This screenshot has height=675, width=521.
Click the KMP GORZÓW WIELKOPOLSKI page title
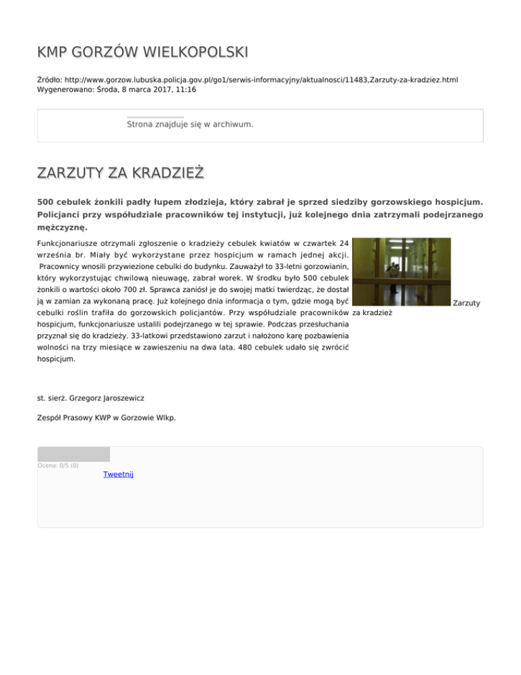coord(142,52)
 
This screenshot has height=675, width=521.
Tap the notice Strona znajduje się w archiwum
coord(190,125)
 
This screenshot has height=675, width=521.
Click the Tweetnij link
coord(118,475)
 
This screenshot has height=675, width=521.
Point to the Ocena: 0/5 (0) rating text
coord(58,465)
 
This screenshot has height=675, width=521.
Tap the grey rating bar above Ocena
coord(73,454)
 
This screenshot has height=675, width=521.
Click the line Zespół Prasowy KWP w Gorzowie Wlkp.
coord(107,418)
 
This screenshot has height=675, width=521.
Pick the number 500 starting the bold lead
coord(47,202)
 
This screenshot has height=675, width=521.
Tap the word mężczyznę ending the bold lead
coord(62,227)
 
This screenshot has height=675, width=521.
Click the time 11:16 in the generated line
coord(187,90)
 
